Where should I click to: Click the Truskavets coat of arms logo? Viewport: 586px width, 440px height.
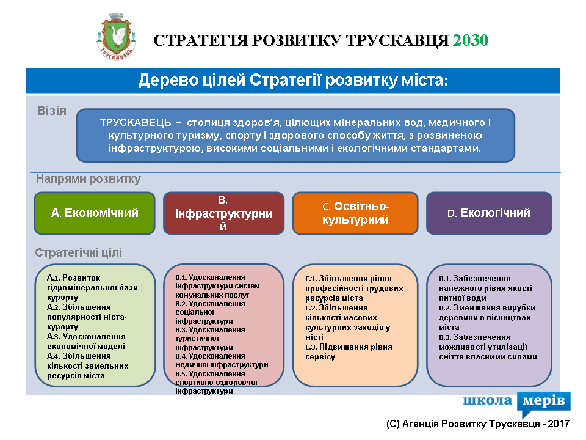(x=116, y=37)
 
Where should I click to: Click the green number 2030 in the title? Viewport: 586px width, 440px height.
(x=471, y=40)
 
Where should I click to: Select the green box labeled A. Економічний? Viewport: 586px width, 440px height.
(x=95, y=213)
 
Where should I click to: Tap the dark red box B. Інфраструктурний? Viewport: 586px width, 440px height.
(x=223, y=213)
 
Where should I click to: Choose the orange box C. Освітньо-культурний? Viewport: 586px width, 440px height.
(x=355, y=213)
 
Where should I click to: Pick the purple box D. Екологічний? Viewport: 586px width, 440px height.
(x=489, y=213)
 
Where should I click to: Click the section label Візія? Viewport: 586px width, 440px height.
(x=51, y=111)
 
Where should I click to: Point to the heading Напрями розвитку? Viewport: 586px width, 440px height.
(x=88, y=179)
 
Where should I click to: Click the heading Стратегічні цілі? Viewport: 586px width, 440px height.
(x=79, y=252)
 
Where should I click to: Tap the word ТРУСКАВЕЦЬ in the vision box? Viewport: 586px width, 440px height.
(x=136, y=122)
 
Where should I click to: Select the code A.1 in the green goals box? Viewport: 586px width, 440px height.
(x=53, y=278)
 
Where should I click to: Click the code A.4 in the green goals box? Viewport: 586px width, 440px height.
(x=53, y=356)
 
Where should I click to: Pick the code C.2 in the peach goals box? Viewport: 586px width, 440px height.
(x=311, y=308)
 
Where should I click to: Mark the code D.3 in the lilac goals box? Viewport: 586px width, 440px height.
(x=445, y=337)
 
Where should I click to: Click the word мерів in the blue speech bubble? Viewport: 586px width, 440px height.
(x=543, y=400)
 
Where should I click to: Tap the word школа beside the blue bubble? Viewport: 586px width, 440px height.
(x=487, y=400)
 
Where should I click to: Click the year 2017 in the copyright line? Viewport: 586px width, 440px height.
(x=559, y=424)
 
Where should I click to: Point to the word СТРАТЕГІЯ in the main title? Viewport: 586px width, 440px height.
(x=200, y=40)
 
